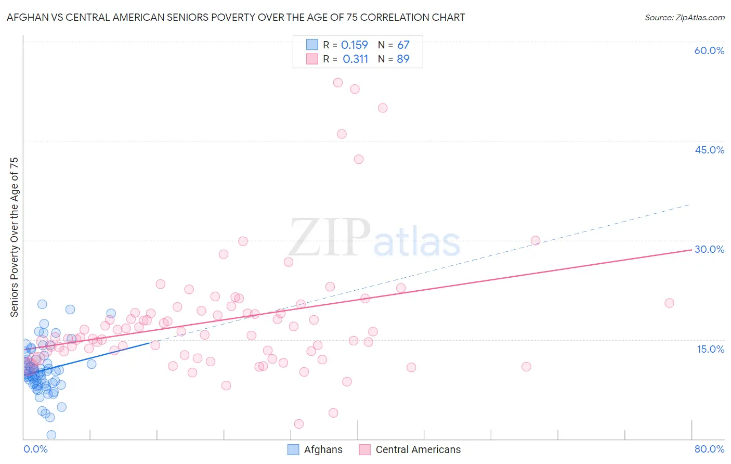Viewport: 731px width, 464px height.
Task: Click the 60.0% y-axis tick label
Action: click(x=709, y=50)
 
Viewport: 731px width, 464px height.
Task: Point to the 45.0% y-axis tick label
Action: click(x=709, y=150)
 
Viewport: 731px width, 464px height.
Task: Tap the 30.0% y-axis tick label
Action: click(x=709, y=249)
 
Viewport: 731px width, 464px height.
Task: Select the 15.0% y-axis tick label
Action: click(x=710, y=349)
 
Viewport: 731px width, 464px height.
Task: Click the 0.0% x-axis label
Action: click(x=35, y=449)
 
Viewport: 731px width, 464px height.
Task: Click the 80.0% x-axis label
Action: click(x=709, y=449)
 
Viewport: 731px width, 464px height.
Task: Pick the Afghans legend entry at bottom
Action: click(x=315, y=449)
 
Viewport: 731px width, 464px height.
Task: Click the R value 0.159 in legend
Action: click(x=354, y=45)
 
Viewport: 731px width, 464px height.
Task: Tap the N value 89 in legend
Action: click(x=403, y=59)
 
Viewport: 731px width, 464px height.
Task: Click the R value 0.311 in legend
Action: click(x=355, y=59)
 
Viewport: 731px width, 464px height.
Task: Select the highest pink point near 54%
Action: click(x=337, y=82)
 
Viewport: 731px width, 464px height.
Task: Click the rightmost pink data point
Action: click(x=669, y=303)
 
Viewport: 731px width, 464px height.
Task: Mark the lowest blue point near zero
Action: click(x=51, y=435)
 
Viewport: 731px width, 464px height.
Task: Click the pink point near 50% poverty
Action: click(x=383, y=108)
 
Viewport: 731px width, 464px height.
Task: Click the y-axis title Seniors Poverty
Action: click(x=14, y=237)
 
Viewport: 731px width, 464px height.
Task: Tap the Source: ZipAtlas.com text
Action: click(x=684, y=18)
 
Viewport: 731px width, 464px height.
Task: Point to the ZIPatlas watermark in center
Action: click(x=374, y=238)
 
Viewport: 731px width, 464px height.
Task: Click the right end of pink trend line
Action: click(x=691, y=250)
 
